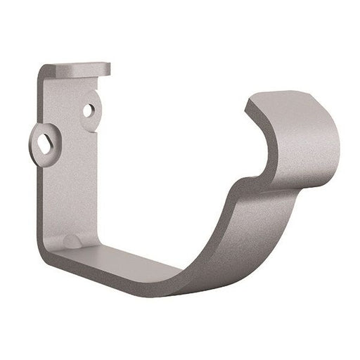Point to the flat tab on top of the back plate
click(x=77, y=70)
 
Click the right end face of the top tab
click(x=108, y=69)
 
